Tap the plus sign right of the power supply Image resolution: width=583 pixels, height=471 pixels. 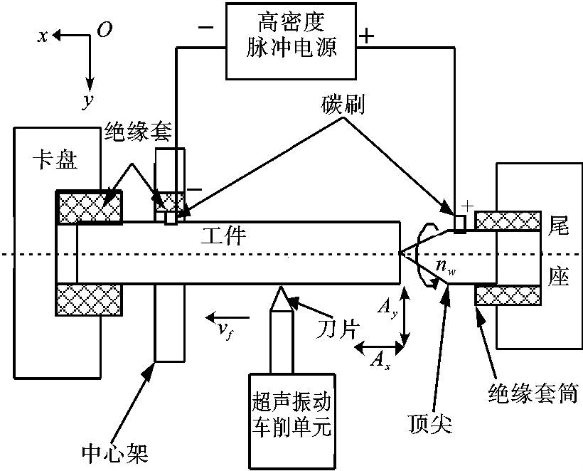point(367,36)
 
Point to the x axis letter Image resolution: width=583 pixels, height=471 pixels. point(44,36)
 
